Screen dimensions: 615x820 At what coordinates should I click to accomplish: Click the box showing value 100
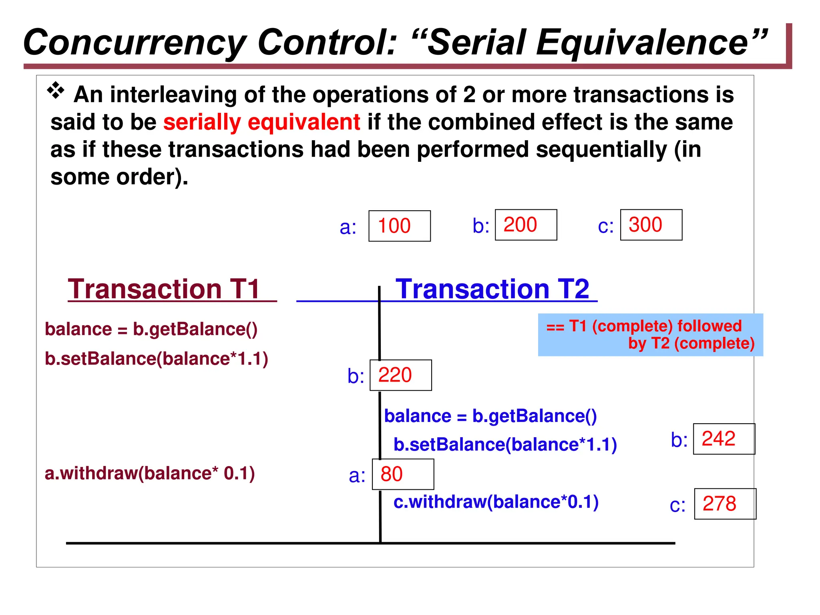point(399,226)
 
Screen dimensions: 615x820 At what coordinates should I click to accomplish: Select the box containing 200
point(526,225)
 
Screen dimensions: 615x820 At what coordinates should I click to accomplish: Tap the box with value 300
point(651,225)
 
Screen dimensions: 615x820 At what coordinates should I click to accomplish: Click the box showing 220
point(400,375)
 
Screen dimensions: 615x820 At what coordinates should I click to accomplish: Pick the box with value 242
point(724,439)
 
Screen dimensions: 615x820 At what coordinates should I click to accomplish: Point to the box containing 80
point(403,474)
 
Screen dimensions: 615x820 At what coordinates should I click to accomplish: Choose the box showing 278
point(725,504)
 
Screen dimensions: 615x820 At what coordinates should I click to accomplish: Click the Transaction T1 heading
point(164,289)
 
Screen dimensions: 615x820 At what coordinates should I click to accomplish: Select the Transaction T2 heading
point(492,289)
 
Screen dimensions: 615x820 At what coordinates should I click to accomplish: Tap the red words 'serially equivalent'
point(261,122)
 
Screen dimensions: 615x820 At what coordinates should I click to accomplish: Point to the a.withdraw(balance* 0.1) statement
point(150,473)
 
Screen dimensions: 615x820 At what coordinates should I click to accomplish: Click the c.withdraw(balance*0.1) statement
point(496,502)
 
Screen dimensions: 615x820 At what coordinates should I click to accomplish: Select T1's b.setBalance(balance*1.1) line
point(156,359)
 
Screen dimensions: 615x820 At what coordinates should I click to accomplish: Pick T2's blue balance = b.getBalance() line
point(490,416)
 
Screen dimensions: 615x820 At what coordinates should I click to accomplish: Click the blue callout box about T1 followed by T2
point(650,335)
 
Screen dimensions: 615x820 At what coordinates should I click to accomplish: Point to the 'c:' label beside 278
point(677,505)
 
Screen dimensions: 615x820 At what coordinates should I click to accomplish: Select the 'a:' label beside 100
point(348,227)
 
